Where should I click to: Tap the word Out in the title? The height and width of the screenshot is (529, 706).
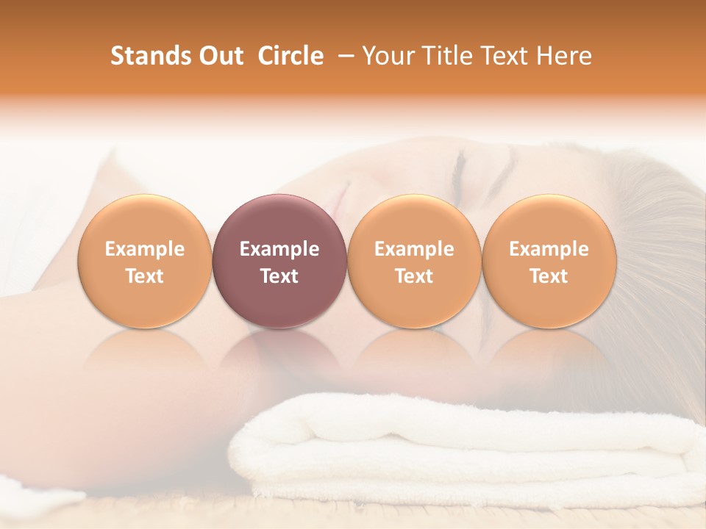click(219, 56)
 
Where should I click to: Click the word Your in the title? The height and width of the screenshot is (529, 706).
click(387, 56)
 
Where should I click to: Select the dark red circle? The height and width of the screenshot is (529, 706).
click(279, 261)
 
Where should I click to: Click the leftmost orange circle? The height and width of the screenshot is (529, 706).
click(145, 261)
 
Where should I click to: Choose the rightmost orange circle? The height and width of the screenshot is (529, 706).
click(549, 261)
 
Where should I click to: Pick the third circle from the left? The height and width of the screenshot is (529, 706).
click(414, 261)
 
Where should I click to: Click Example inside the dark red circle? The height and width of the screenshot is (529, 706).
click(279, 249)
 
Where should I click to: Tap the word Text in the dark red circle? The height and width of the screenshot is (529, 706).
click(279, 276)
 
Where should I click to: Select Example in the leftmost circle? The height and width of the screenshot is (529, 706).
click(145, 249)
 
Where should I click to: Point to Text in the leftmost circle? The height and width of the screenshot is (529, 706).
click(145, 276)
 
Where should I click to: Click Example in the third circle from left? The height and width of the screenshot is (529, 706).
click(414, 249)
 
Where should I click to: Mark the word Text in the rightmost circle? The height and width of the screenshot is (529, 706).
click(549, 276)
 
